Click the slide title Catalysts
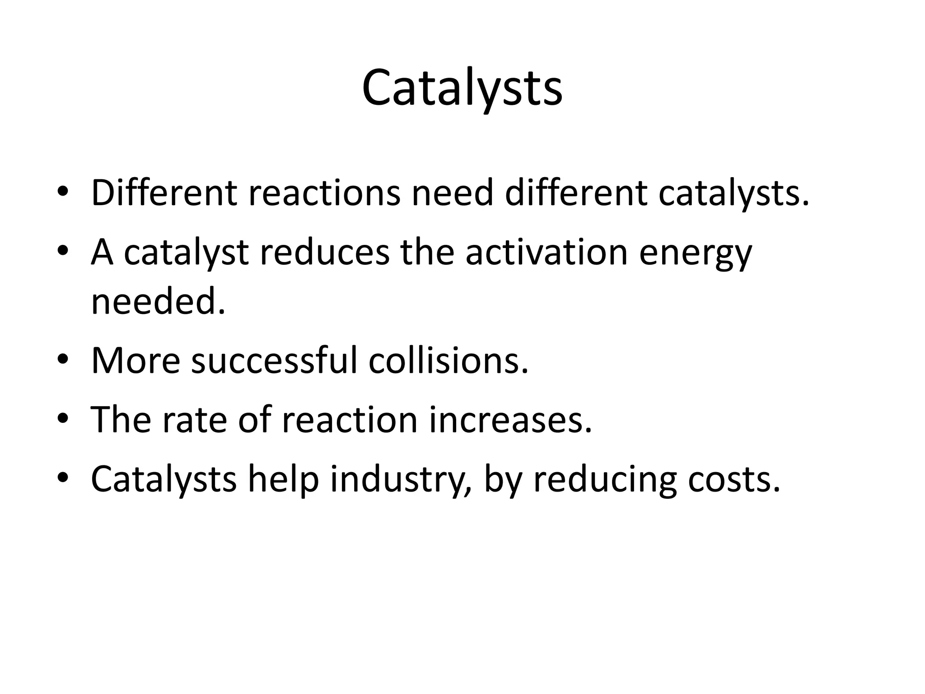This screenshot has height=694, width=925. point(462,88)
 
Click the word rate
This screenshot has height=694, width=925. point(195,420)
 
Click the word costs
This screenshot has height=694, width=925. point(734,479)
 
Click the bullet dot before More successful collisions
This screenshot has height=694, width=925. point(63,360)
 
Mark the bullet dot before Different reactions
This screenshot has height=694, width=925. point(63,192)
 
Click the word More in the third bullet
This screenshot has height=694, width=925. point(135,360)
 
